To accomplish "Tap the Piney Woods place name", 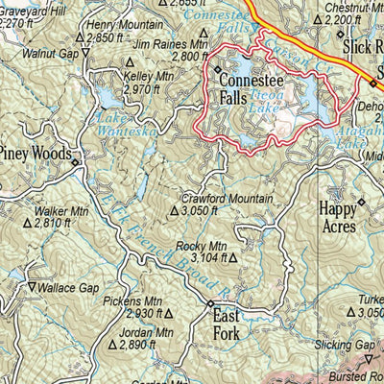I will click(x=36, y=152).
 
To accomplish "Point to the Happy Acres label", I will click(x=337, y=217).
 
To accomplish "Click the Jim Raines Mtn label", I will click(x=171, y=44).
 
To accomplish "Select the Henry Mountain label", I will click(x=124, y=24).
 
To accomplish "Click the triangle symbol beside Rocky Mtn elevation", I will click(x=232, y=257).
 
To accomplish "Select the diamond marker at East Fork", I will click(x=211, y=304).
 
